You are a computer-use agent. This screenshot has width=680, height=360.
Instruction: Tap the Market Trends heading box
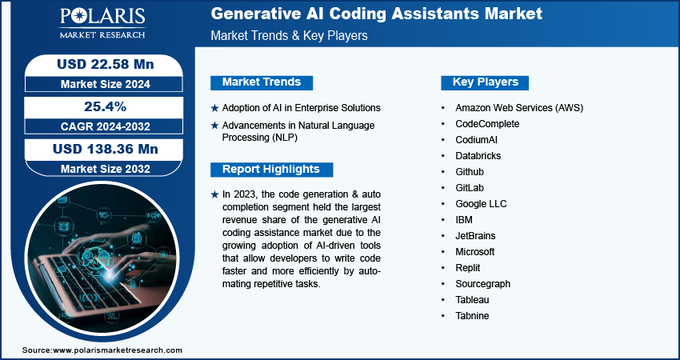[x=262, y=82]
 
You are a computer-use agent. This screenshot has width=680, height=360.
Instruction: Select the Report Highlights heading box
[x=270, y=169]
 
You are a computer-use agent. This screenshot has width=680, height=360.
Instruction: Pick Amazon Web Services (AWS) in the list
[x=518, y=107]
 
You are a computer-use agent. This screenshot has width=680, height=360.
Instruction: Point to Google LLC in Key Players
[x=481, y=204]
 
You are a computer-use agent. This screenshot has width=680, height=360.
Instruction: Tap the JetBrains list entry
[x=475, y=236]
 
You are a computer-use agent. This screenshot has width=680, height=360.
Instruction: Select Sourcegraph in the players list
[x=482, y=284]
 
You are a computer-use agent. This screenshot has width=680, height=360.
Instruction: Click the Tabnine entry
[x=472, y=316]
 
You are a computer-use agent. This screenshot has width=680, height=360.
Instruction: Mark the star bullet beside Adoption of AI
[x=214, y=108]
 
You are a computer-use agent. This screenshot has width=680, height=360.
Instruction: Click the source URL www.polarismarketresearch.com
[x=118, y=350]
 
